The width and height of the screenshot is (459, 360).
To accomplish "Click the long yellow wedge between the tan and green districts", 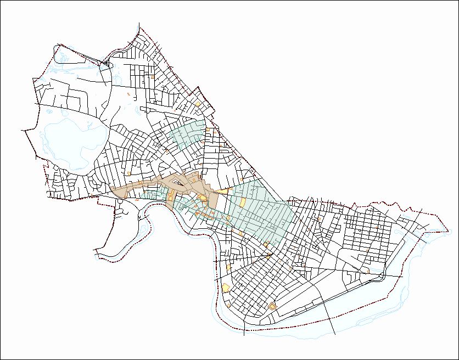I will pyautogui.click(x=222, y=190).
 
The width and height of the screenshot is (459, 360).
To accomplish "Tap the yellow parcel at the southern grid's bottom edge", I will pyautogui.click(x=272, y=306).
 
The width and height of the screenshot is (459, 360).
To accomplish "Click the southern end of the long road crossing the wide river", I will pyautogui.click(x=336, y=335).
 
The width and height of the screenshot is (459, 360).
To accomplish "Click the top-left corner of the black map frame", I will pyautogui.click(x=1, y=1).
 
